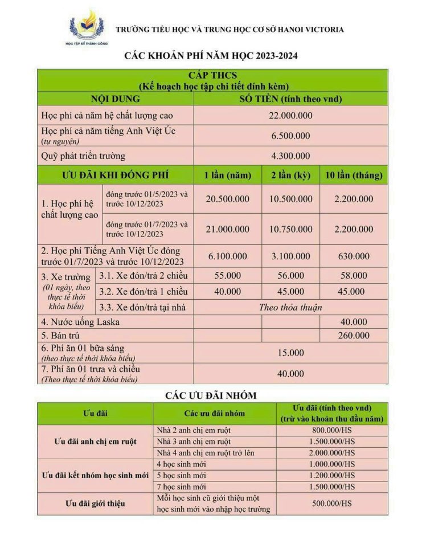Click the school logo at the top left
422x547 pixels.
coord(86,28)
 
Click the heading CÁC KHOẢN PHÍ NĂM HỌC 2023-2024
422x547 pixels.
coord(211,56)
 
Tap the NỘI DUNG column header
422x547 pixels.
coord(115,99)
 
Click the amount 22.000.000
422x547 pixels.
coord(290,116)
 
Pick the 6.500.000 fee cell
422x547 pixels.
coord(290,136)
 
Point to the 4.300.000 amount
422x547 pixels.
coord(290,156)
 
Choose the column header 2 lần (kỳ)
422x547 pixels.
coord(290,175)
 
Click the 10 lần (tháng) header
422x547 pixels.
coord(353,175)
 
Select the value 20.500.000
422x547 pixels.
coord(227,199)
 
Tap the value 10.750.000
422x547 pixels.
coord(290,229)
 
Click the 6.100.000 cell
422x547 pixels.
coord(227,257)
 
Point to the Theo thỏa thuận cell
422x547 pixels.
coord(290,307)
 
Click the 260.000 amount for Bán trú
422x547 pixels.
coord(353,336)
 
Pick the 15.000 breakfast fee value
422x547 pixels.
coord(290,353)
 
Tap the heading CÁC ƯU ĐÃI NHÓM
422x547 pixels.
coord(211,395)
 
